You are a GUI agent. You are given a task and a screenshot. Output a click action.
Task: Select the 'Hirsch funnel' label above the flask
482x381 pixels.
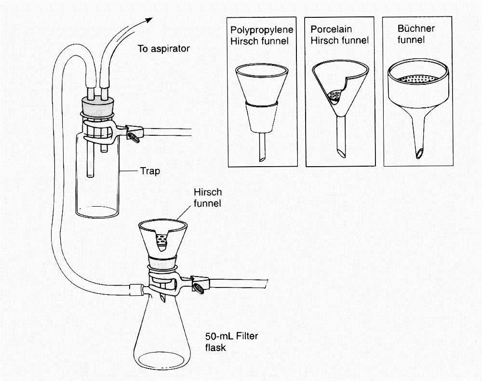coord(207,197)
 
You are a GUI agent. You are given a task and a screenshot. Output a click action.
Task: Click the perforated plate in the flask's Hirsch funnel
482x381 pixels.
coord(162,239)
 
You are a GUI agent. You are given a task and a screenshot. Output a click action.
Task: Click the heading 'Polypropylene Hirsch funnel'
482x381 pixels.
coord(262,35)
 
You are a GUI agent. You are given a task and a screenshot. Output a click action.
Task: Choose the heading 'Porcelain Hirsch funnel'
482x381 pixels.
coord(339,35)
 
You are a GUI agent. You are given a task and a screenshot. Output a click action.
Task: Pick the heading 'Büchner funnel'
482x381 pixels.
coord(416,34)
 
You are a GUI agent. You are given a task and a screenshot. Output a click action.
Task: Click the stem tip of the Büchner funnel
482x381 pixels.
coord(419,153)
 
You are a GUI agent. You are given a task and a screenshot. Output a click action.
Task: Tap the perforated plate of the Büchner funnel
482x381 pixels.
coord(417,77)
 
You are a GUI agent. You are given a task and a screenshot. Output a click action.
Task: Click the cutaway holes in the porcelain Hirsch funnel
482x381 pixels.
coord(335,96)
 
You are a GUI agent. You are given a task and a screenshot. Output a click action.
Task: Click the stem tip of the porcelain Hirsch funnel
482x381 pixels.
coord(341,153)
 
